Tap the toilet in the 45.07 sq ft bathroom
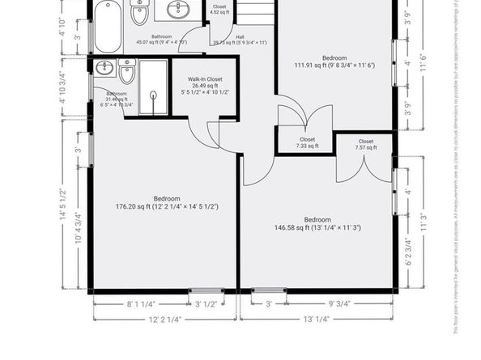139,13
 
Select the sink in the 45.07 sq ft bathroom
179,10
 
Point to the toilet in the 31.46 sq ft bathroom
126,74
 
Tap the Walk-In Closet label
204,79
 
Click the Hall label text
240,36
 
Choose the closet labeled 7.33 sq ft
307,142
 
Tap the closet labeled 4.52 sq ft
219,9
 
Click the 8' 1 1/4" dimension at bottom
141,305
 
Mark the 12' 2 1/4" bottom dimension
165,320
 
